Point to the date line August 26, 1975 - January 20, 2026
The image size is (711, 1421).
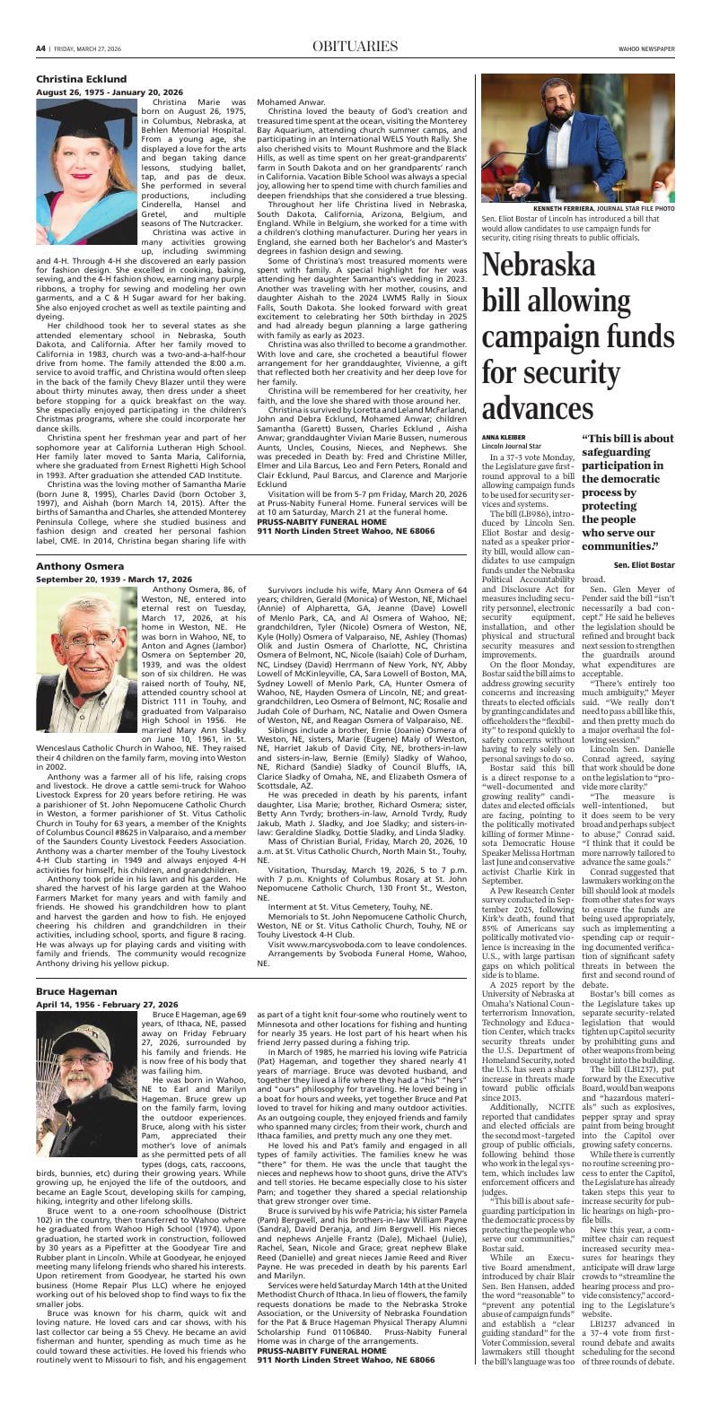110,92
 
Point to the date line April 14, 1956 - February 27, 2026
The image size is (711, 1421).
107,1004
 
